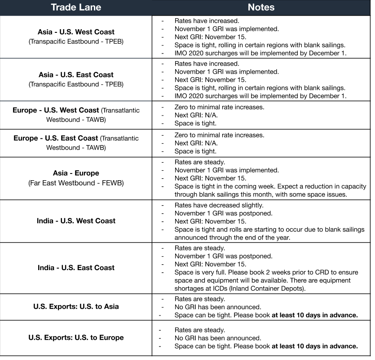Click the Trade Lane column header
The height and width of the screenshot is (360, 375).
(76, 7)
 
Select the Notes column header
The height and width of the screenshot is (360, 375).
(261, 7)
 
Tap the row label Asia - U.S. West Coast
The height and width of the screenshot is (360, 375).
(76, 32)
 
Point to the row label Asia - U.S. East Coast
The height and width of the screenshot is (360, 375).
(76, 75)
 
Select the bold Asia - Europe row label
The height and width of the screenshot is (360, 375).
(76, 173)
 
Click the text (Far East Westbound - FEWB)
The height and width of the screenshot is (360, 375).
(76, 183)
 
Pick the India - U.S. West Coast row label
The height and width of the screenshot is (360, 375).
(76, 221)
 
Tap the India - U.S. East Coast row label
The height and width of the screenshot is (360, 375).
(76, 267)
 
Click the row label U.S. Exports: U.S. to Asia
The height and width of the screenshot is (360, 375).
(76, 307)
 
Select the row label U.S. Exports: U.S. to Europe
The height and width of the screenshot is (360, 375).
(76, 337)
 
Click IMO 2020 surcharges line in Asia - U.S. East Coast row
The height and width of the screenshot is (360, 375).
(260, 96)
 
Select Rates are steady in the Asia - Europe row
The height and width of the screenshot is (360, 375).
(200, 162)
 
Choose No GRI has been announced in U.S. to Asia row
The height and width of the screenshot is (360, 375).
(218, 307)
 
